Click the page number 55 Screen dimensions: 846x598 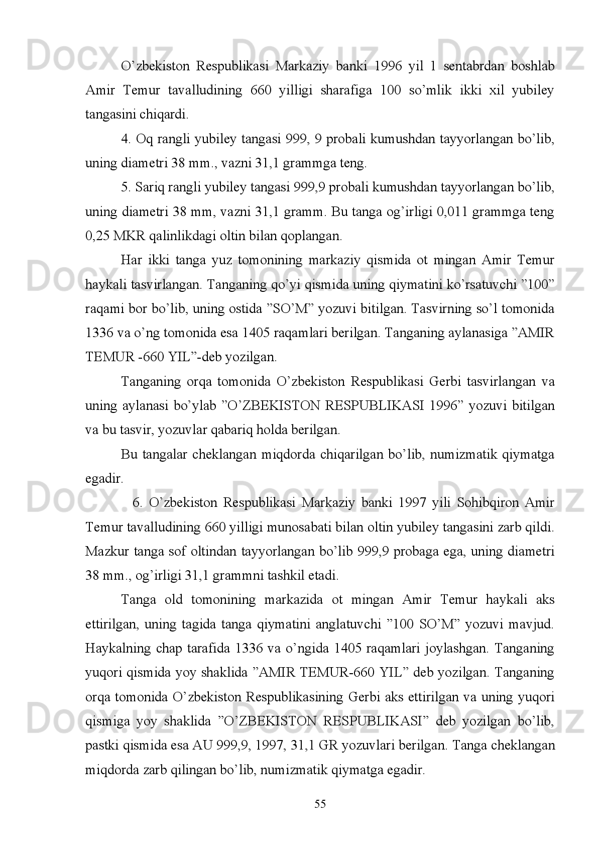click(x=320, y=804)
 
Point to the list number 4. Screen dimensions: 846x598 click(x=126, y=139)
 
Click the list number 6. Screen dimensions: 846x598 click(x=138, y=502)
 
